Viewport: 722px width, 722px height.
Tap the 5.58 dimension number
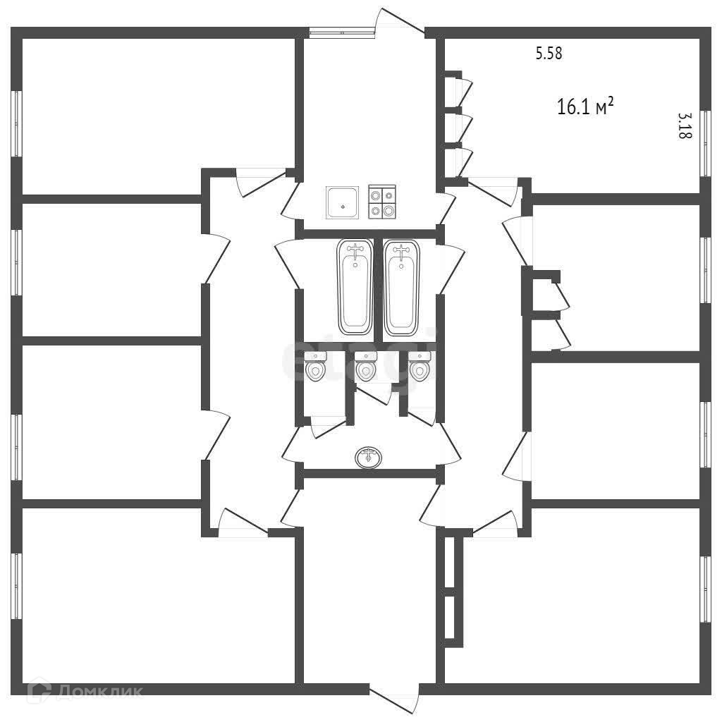[x=549, y=54]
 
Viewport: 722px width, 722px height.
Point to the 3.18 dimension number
[x=683, y=126]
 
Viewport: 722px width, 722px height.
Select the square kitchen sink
[x=342, y=202]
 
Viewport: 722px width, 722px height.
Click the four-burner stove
[x=382, y=202]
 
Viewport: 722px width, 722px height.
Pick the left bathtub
[x=355, y=287]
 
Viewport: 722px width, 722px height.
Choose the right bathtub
[x=402, y=287]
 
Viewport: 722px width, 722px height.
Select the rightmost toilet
[x=419, y=367]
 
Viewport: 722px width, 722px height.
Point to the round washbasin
[x=369, y=457]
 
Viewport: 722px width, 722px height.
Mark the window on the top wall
[x=342, y=30]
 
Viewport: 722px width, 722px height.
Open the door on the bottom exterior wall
[x=395, y=698]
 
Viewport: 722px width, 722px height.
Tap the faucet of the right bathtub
[x=402, y=250]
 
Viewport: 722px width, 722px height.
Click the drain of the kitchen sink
[x=343, y=207]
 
